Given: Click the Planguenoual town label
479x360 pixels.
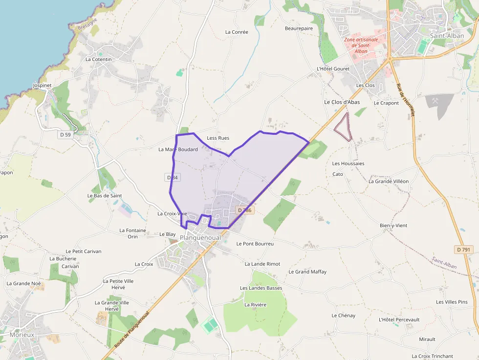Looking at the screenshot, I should (x=200, y=238).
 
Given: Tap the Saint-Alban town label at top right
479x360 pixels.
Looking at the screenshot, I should (x=447, y=36).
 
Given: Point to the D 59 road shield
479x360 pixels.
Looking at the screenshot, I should (x=65, y=134).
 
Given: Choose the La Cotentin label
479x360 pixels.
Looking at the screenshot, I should (x=99, y=60).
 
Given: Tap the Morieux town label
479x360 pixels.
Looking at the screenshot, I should (x=22, y=335).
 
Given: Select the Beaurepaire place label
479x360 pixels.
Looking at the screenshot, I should (x=299, y=28).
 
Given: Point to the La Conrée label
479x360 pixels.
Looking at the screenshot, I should (x=237, y=32).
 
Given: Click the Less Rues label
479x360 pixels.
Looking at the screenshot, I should (x=218, y=138).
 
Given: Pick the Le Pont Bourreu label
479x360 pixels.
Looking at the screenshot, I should (x=255, y=243).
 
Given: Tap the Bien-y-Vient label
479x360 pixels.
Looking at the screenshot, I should (x=393, y=226).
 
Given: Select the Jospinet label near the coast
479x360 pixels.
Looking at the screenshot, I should (x=42, y=85).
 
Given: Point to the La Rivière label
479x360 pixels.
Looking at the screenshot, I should (x=255, y=305).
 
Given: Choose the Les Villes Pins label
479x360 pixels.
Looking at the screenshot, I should (x=452, y=302).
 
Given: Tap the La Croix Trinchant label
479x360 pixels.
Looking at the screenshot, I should (x=433, y=356).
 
